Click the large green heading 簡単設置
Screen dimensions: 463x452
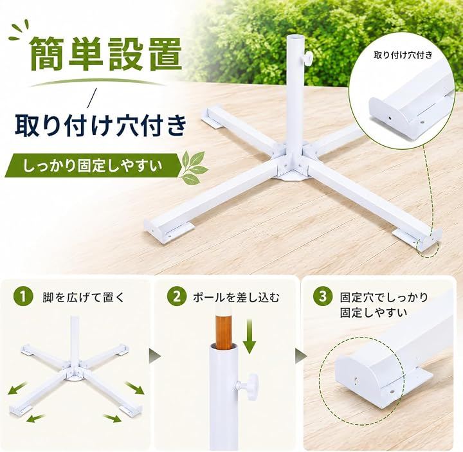click(x=105, y=54)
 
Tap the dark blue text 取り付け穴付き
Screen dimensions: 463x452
click(x=101, y=126)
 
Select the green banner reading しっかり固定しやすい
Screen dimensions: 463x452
click(x=93, y=166)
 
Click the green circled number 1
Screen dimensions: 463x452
click(x=23, y=296)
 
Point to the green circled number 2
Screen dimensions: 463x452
click(x=176, y=296)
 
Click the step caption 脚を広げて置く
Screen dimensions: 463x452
click(x=84, y=297)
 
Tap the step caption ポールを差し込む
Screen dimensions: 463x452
click(x=235, y=297)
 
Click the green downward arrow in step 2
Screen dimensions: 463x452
click(x=250, y=336)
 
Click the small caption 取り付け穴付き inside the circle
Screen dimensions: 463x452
click(x=403, y=55)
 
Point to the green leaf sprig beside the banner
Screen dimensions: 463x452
click(x=194, y=167)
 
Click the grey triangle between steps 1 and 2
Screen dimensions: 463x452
click(x=155, y=355)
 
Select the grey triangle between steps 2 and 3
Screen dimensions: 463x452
click(x=300, y=355)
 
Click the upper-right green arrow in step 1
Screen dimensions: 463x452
click(x=135, y=387)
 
